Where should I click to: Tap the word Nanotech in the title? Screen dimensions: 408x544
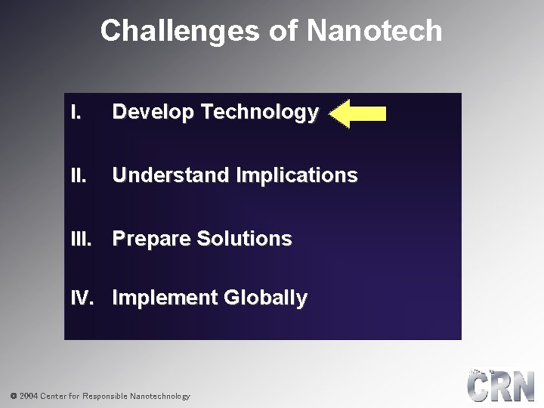tap(375, 31)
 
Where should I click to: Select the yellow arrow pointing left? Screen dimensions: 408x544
tap(359, 114)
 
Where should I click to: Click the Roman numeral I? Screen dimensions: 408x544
tap(74, 113)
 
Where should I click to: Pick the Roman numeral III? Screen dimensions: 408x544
tap(80, 239)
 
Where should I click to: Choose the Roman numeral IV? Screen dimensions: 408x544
tap(82, 298)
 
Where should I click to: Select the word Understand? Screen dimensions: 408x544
tap(172, 176)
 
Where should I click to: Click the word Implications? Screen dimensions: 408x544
tap(297, 176)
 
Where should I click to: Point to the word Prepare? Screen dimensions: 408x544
tap(151, 239)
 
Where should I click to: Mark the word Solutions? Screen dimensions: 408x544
tap(244, 239)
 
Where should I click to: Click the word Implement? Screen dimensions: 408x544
tap(165, 298)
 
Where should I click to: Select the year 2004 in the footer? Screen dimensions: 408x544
tap(29, 396)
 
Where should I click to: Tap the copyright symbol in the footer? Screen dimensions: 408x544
tap(13, 396)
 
